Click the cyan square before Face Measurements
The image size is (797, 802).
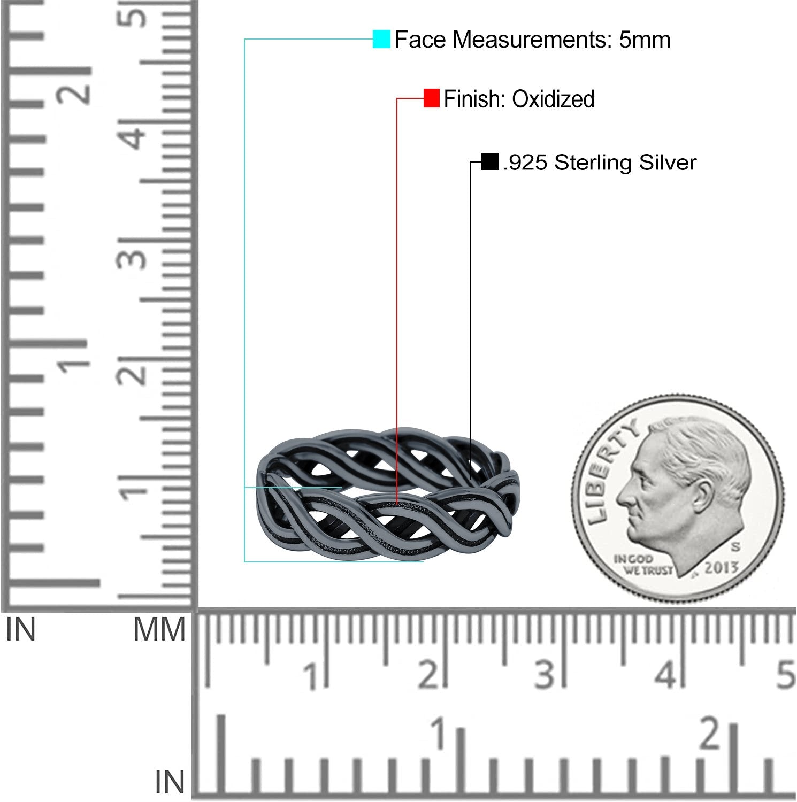point(381,39)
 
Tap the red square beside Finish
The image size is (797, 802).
point(431,98)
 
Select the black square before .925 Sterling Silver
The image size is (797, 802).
point(490,161)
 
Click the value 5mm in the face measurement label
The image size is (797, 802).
point(645,40)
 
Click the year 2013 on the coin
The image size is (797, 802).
point(721,568)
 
